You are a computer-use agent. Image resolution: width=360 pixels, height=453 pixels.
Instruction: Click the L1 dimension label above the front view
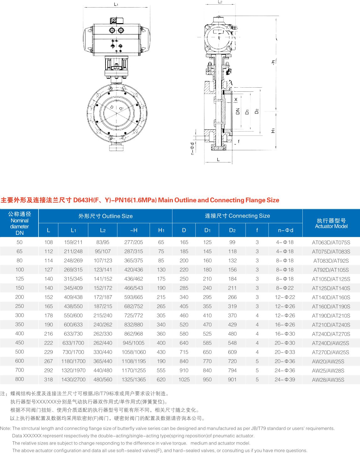pos(116,4)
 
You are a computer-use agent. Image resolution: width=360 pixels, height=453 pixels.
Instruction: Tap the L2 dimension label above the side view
pos(220,2)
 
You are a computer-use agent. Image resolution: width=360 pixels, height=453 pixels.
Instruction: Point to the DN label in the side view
pos(238,111)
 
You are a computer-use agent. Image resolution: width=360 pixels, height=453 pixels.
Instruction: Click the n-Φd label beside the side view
pos(192,148)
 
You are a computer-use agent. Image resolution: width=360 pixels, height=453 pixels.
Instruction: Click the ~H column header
pos(134,230)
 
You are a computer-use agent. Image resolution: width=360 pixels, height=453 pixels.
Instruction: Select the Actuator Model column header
pos(331,223)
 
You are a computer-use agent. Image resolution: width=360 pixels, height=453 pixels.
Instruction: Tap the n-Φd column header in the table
pos(285,230)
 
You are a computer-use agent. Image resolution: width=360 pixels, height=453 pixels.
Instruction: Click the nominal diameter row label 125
pos(19,279)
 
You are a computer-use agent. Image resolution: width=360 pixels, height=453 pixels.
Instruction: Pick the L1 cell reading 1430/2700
pos(73,379)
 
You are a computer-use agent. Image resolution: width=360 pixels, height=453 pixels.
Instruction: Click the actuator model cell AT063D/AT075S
pos(331,242)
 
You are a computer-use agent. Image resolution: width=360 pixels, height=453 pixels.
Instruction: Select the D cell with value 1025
pos(184,379)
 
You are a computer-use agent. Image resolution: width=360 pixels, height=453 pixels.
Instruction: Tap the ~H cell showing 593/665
pos(134,297)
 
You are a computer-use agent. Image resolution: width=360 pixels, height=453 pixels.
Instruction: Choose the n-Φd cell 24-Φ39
pos(285,379)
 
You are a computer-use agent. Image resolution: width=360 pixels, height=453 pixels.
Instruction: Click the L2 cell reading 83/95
pos(103,242)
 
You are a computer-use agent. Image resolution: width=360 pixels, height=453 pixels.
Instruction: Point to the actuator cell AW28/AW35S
pos(328,380)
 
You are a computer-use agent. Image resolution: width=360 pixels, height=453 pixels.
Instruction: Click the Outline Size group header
pos(105,216)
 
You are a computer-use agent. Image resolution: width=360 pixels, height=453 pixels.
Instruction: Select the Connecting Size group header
pos(237,216)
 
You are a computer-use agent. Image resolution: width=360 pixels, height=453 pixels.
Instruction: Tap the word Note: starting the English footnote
pos(6,428)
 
